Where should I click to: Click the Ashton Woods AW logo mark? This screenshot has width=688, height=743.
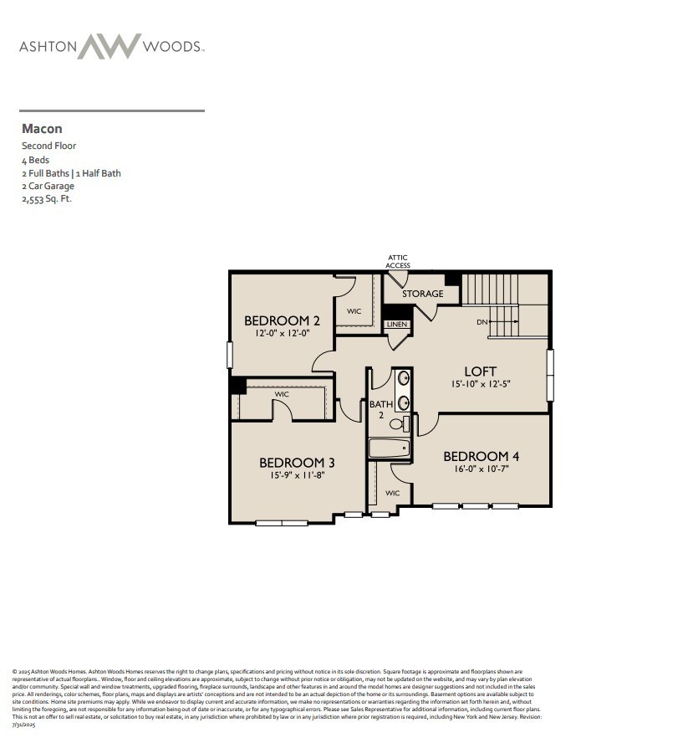108,46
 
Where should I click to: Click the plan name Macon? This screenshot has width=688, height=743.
42,129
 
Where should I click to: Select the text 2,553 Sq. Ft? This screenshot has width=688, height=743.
47,199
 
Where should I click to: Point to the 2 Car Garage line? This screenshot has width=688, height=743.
48,186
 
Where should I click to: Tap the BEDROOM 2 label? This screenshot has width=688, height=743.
282,320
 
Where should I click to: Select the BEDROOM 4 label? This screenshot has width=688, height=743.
481,456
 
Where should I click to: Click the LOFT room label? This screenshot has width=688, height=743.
481,371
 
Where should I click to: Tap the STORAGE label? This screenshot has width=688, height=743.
422,294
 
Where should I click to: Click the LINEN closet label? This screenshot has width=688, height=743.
395,324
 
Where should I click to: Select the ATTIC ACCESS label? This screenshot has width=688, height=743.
398,262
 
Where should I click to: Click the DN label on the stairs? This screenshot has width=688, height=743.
482,321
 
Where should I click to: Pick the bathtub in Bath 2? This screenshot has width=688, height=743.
390,448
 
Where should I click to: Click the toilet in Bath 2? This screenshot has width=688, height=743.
398,423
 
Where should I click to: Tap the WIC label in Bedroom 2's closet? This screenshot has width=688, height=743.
354,310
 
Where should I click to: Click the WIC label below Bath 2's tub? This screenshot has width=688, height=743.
392,493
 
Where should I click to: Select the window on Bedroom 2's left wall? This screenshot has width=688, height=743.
229,354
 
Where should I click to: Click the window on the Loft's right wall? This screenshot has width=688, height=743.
549,375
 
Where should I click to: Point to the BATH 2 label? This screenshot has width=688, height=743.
380,409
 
